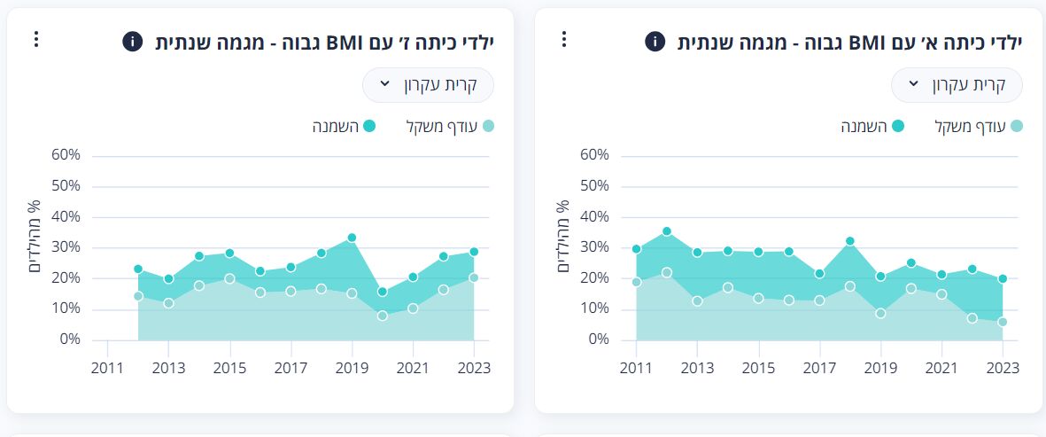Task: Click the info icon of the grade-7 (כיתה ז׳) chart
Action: point(132,41)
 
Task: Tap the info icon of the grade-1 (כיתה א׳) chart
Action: point(655,41)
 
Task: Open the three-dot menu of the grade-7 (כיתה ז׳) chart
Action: point(36,39)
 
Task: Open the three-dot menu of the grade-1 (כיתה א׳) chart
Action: point(564,39)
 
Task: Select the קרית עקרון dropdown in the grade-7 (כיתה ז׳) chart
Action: point(428,85)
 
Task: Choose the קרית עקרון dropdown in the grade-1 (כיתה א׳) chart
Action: point(957,85)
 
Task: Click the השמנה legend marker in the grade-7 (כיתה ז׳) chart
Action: point(369,127)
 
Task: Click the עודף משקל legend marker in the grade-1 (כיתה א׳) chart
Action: point(1016,127)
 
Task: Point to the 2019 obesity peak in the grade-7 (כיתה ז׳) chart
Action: point(352,238)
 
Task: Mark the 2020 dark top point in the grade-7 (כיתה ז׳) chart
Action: point(382,292)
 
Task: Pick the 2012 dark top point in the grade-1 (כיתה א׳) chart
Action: point(667,231)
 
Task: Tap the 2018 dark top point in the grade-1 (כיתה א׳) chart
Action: point(849,241)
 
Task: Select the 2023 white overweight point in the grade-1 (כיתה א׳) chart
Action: point(1003,323)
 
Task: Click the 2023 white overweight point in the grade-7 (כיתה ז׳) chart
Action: point(474,277)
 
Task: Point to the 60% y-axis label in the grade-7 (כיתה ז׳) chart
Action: point(66,155)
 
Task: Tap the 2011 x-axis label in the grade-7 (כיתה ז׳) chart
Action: point(107,367)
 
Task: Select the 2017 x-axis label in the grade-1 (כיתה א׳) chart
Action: point(819,367)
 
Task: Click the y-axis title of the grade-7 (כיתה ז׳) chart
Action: point(34,236)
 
